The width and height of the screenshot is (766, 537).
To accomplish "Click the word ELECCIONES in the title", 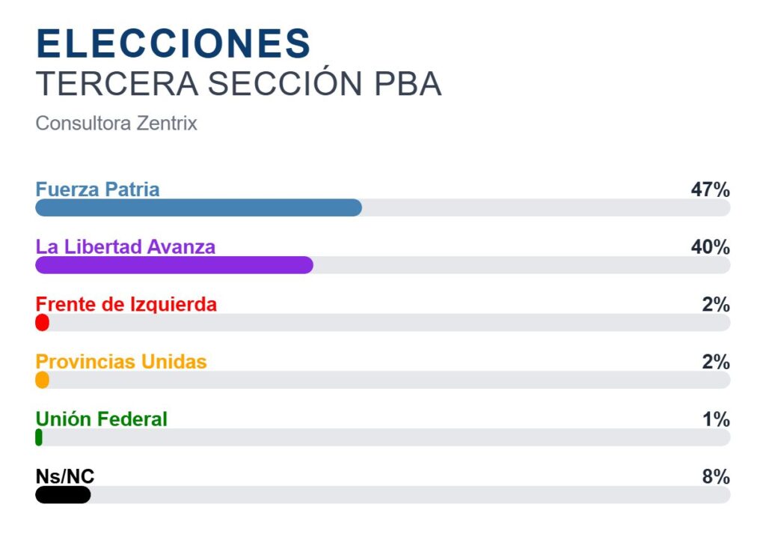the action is coord(174,43).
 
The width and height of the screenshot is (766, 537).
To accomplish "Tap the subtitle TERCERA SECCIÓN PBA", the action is coord(239,83).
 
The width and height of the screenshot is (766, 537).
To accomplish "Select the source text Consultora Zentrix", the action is coord(116,124).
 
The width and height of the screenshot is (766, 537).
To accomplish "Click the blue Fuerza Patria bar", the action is coord(199,208).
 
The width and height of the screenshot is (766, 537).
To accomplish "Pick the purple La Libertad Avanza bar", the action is coord(174,265).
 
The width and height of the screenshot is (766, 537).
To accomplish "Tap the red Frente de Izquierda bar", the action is coord(43,323).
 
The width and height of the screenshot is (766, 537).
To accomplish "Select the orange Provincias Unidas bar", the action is coord(43,380).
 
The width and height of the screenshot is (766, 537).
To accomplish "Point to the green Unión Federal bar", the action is coord(39,437).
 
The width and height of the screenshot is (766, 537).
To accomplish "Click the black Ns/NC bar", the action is coord(63,494).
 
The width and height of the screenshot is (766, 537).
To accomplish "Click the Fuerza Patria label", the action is coord(98,189).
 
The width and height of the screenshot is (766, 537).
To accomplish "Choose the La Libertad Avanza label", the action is coord(126,246).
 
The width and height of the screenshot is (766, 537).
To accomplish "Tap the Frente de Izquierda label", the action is coord(126,304).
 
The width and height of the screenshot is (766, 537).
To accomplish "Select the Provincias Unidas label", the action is coord(121,362).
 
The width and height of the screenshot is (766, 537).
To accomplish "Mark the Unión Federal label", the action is coord(102,419).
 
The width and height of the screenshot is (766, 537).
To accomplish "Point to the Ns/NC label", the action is coord(65,476).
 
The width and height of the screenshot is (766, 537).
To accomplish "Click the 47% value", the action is coord(711,189).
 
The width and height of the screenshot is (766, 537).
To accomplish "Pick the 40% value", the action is coord(711,247).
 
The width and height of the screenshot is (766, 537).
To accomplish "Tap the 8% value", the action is coord(716,476).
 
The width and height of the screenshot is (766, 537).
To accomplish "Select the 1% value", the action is coord(716,419).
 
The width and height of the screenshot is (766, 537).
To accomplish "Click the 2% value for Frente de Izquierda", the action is coord(716,304).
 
